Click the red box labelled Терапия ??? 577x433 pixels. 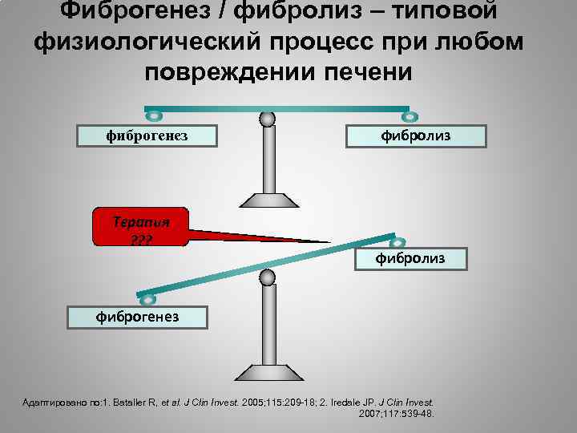pyautogui.click(x=140, y=227)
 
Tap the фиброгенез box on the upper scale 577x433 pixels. pyautogui.click(x=147, y=136)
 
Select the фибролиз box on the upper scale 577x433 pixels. pyautogui.click(x=416, y=136)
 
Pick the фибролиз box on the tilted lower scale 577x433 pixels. pyautogui.click(x=410, y=258)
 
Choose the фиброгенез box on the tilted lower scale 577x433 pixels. pyautogui.click(x=138, y=317)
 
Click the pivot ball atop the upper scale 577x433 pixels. pyautogui.click(x=268, y=119)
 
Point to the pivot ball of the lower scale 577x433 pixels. pyautogui.click(x=268, y=277)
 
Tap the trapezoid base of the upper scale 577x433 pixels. pyautogui.click(x=268, y=200)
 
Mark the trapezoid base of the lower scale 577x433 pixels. pyautogui.click(x=268, y=372)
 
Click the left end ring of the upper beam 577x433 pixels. pyautogui.click(x=155, y=116)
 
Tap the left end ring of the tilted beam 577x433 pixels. pyautogui.click(x=148, y=299)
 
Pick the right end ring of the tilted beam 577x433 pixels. pyautogui.click(x=397, y=242)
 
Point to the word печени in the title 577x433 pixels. pyautogui.click(x=363, y=71)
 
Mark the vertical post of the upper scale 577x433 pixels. pyautogui.click(x=268, y=160)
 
